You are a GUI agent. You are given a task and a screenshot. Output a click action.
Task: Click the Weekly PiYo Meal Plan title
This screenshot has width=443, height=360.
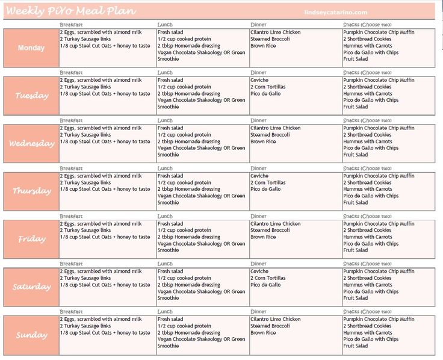click(x=71, y=11)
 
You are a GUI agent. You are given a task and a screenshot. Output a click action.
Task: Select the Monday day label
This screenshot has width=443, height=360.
click(x=31, y=48)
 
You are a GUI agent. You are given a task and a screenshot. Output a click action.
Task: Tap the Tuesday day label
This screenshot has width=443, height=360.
click(x=31, y=96)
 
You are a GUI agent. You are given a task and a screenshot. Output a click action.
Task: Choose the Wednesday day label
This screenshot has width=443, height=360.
click(x=31, y=143)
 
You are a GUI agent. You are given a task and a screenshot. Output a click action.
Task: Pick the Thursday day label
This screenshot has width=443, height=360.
click(x=31, y=191)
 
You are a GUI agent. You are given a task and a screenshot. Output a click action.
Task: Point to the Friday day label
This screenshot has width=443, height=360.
click(x=31, y=239)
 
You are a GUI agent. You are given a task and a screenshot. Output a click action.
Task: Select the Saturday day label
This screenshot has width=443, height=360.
click(x=31, y=287)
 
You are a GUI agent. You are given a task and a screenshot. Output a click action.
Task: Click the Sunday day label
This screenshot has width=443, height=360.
click(x=31, y=335)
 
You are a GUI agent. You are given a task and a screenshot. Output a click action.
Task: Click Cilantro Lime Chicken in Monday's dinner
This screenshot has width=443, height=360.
click(x=275, y=32)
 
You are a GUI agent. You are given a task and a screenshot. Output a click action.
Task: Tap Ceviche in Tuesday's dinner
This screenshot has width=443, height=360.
click(x=259, y=80)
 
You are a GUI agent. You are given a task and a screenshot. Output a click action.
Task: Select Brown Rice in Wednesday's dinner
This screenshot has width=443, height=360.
click(x=263, y=141)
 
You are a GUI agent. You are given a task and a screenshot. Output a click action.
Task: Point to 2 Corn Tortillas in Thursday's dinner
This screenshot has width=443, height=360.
click(x=268, y=182)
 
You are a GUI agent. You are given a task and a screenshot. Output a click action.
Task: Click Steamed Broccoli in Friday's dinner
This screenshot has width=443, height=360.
click(x=270, y=230)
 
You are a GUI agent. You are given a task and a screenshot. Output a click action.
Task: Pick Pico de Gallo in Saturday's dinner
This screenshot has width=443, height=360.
click(x=265, y=285)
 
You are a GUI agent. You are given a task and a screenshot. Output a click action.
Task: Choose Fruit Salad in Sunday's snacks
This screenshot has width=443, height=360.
click(x=356, y=346)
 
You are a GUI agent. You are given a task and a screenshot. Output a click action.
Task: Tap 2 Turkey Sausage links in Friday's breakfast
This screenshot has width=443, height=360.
click(x=85, y=230)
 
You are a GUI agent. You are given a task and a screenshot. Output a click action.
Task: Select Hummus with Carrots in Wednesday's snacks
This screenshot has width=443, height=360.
click(x=368, y=141)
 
